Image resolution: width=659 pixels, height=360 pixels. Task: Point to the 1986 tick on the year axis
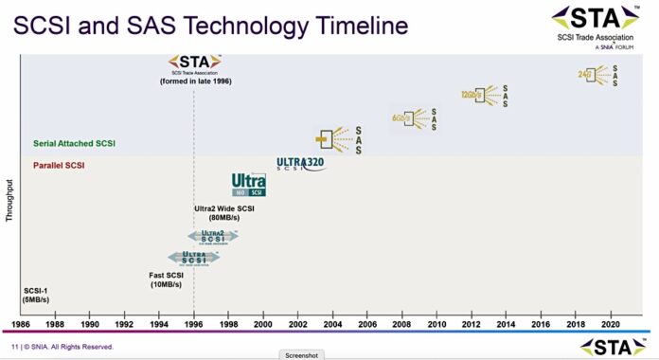(x=21, y=323)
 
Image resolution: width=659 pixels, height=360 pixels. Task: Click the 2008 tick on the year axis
(x=401, y=323)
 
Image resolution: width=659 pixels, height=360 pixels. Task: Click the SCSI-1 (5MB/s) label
(x=36, y=295)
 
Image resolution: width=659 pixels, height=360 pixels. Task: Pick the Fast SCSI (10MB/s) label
(x=172, y=279)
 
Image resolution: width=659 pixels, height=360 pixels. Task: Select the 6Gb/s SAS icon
(x=414, y=118)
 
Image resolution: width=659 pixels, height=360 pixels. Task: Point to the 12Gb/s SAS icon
(x=483, y=96)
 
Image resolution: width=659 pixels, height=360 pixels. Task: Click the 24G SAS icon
(x=603, y=75)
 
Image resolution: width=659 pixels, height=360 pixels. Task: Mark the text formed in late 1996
(x=195, y=81)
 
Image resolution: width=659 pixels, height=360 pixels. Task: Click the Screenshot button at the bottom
(x=302, y=354)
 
